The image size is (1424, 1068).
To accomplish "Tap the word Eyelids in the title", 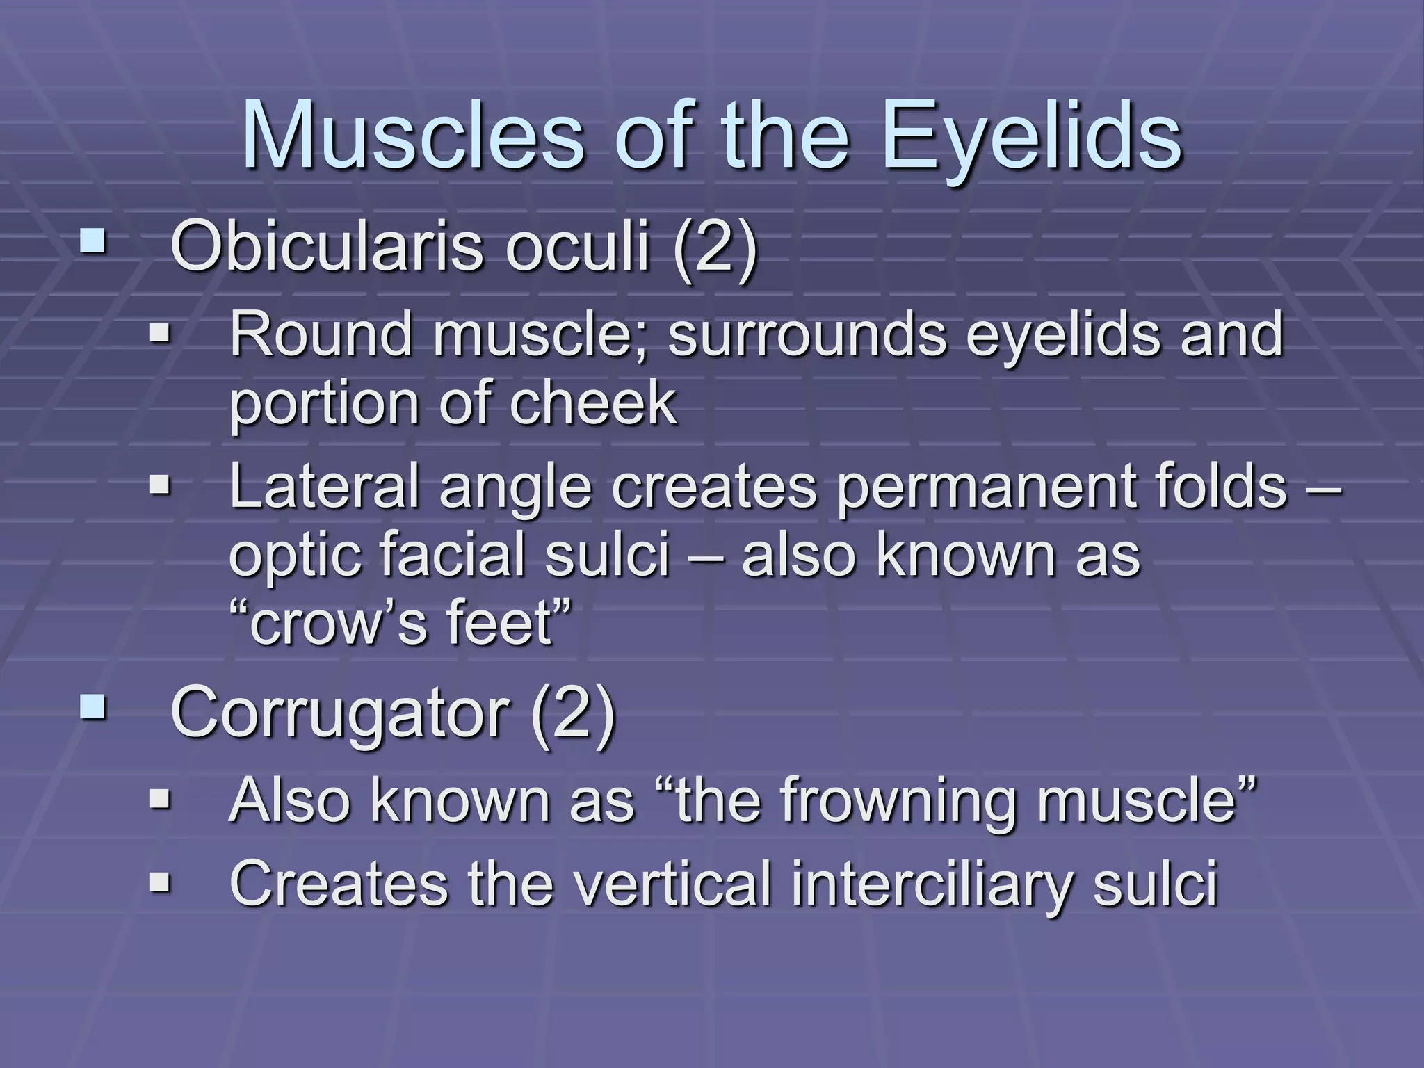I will (1032, 136).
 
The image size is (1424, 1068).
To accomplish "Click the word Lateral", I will (324, 486).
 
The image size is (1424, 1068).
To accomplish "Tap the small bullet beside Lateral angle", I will (160, 483).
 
